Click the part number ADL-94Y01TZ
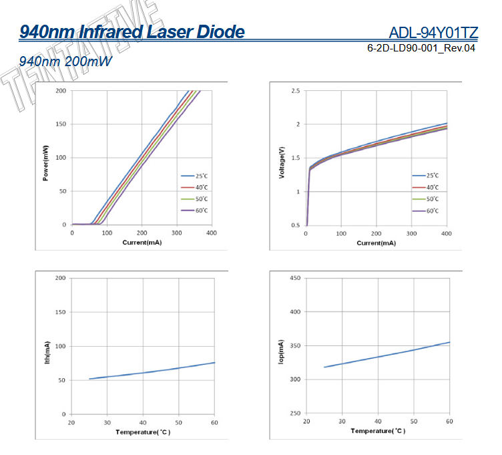click(x=433, y=33)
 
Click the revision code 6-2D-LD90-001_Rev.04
click(x=421, y=49)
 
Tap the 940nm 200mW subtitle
click(x=65, y=61)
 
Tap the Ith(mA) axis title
click(x=47, y=347)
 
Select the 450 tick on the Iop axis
click(x=294, y=277)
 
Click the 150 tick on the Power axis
click(x=60, y=124)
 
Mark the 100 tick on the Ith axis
click(x=60, y=346)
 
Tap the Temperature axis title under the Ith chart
click(x=142, y=432)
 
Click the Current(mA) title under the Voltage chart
click(x=376, y=243)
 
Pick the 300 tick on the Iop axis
click(x=294, y=380)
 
